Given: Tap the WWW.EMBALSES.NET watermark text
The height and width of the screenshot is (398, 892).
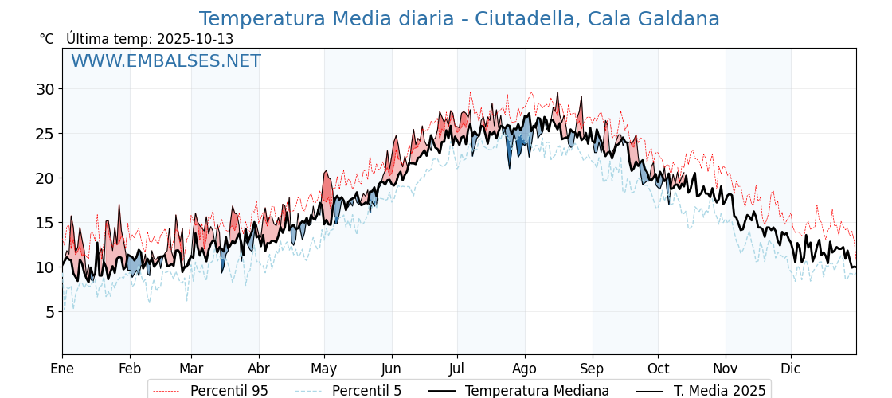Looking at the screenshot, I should pos(166,61).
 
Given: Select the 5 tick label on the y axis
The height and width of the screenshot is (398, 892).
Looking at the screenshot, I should pos(49,312).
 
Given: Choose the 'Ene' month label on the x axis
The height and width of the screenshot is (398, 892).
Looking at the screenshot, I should pos(62,369).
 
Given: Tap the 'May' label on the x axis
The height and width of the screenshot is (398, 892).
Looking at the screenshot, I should pos(324,369).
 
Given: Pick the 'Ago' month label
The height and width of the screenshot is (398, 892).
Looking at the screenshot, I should pos(525,369).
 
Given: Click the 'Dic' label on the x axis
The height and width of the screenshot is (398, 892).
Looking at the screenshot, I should pos(791,369).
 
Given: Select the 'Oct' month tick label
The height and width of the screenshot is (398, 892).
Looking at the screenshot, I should pos(658,369).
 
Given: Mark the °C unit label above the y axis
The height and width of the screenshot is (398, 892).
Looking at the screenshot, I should pos(46,39).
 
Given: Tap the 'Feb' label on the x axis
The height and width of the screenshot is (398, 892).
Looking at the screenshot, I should pos(130,369).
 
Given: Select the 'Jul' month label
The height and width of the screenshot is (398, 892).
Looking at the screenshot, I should pos(457,369).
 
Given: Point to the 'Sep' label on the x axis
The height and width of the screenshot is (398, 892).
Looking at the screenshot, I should pos(593,369).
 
